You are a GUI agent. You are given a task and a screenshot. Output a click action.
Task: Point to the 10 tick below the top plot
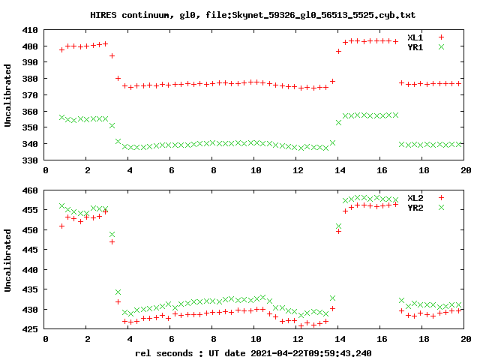[255, 170]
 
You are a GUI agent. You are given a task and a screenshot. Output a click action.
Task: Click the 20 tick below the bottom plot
[464, 339]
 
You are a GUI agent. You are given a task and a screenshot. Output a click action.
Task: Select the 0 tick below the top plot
[46, 170]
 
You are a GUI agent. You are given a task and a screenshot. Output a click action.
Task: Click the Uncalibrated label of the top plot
[8, 95]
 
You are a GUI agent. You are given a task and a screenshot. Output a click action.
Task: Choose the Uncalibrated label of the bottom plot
[8, 260]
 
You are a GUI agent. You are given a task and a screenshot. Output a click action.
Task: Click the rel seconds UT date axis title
[253, 352]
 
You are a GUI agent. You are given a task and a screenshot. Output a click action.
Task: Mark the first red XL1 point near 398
[61, 49]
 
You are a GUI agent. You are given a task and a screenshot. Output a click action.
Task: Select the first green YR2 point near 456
[61, 206]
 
